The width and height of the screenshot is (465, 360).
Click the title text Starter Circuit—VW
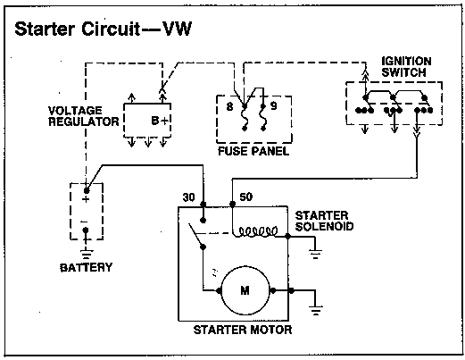pyautogui.click(x=104, y=29)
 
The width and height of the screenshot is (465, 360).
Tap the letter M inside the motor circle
pyautogui.click(x=245, y=290)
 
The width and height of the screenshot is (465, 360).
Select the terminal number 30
pyautogui.click(x=188, y=197)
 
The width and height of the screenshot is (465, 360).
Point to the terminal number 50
pyautogui.click(x=246, y=197)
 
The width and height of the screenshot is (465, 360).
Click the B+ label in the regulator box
pyautogui.click(x=161, y=121)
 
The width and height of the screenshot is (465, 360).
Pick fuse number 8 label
pyautogui.click(x=229, y=106)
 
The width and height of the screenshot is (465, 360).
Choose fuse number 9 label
pyautogui.click(x=274, y=105)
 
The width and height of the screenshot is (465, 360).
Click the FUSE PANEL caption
pyautogui.click(x=253, y=151)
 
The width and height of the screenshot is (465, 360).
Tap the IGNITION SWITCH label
pyautogui.click(x=406, y=67)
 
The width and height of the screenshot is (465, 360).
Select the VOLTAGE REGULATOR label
pyautogui.click(x=84, y=116)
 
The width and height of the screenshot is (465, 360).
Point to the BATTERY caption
pyautogui.click(x=87, y=267)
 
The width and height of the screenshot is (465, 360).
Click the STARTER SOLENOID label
pyautogui.click(x=324, y=221)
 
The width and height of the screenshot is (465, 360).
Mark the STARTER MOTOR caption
pyautogui.click(x=243, y=330)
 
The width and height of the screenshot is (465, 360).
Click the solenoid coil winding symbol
pyautogui.click(x=258, y=231)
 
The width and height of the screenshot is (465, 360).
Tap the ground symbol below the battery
pyautogui.click(x=86, y=254)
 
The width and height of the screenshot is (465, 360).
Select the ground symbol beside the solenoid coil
pyautogui.click(x=315, y=254)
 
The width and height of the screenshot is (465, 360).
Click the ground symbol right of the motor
pyautogui.click(x=315, y=310)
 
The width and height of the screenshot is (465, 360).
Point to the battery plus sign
pyautogui.click(x=86, y=199)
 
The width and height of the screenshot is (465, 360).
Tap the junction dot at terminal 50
pyautogui.click(x=233, y=204)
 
